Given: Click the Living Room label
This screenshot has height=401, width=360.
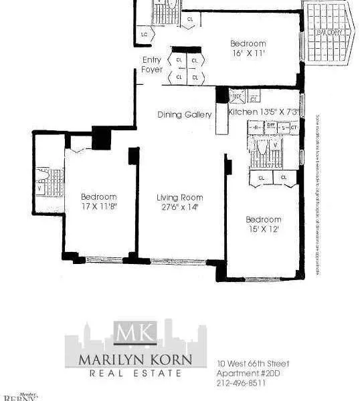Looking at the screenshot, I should pos(179,197).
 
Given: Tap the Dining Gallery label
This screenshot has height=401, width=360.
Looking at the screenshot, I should pos(185,114).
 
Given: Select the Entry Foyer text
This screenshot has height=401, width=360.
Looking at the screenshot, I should pos(152,65).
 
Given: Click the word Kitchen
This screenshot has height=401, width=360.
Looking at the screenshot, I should pos(241,112).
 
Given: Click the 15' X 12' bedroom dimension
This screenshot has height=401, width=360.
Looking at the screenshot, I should pos(263,229).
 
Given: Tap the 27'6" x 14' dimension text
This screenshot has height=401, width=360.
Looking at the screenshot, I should pos(179,207).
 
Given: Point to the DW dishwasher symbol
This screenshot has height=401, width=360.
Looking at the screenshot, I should pos(271,125).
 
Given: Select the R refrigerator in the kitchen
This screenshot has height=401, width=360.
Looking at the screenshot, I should pos(256,126).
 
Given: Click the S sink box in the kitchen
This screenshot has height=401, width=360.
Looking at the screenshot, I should pos(283,127).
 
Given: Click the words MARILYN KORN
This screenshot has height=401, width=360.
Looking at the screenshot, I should pos(136,359).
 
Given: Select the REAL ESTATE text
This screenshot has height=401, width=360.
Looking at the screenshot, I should pos(136,373).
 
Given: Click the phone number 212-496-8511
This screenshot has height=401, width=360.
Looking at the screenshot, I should pos(242,383).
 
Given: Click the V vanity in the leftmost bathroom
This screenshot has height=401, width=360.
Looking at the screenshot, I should pos(39,188).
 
